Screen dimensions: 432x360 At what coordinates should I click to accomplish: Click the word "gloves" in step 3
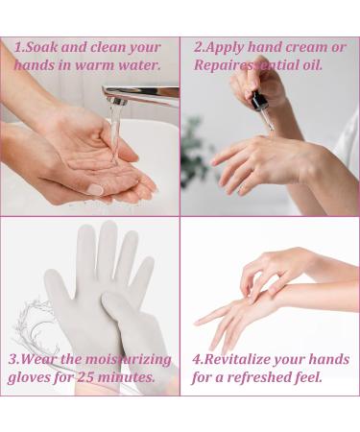click(32, 378)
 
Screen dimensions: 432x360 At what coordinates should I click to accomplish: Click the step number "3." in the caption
click(14, 360)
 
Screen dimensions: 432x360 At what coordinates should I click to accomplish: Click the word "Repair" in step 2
click(217, 65)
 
